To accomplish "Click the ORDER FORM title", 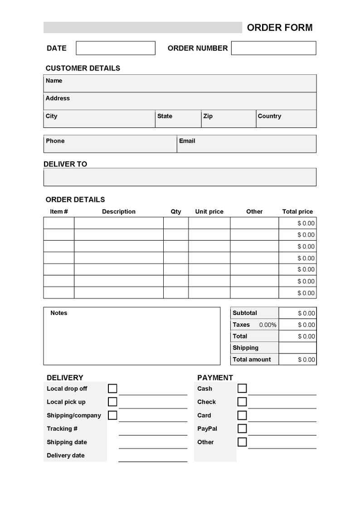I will tap(279, 28).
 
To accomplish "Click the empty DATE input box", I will tap(116, 48).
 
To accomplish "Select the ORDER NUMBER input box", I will tap(273, 48).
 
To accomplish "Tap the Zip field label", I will tap(208, 116).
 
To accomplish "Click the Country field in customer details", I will tap(286, 119).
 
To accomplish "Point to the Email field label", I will tap(187, 141).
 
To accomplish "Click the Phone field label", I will tap(55, 141).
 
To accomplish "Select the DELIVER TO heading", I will tap(65, 164).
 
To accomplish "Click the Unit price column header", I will tap(209, 212).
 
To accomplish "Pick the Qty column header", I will tap(175, 212).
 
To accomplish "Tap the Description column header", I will tap(118, 212).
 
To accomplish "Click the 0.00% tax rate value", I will tap(268, 325).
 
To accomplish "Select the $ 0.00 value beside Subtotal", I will tap(306, 313).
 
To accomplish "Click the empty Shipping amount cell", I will tap(297, 348).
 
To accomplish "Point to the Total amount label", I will tap(252, 359).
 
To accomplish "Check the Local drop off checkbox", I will tap(112, 388).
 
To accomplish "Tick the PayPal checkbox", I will tap(242, 428).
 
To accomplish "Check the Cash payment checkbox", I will tap(242, 388).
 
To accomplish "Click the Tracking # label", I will tap(62, 429).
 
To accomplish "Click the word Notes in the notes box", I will tap(58, 313).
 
